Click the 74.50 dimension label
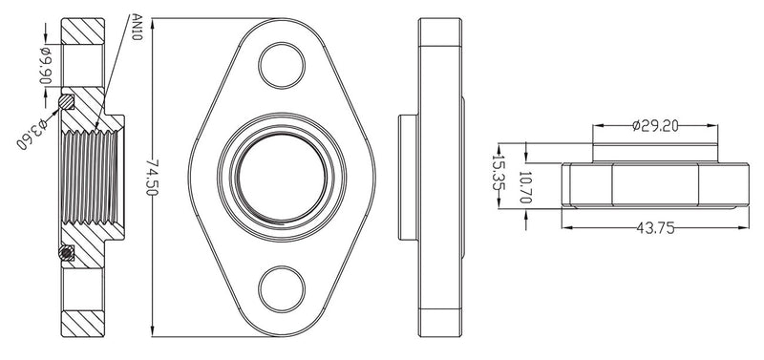pyautogui.click(x=147, y=180)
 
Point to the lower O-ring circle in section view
pyautogui.click(x=65, y=253)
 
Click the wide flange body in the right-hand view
pyautogui.click(x=656, y=186)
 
